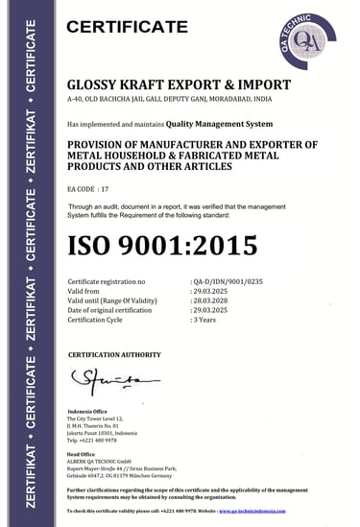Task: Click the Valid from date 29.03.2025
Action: (212, 292)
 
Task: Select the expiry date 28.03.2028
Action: (212, 301)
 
